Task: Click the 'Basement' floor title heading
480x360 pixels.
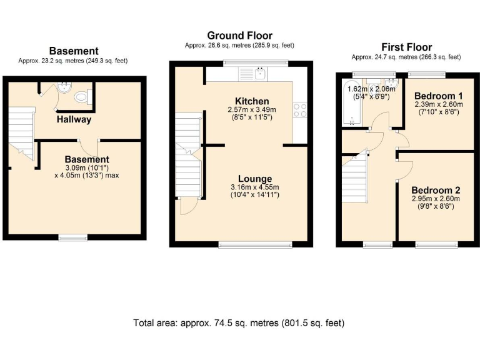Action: coord(74,51)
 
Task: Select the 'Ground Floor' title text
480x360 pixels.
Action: coord(239,36)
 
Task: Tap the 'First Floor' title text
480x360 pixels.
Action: coord(406,47)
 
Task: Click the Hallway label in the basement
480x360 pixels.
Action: coord(74,119)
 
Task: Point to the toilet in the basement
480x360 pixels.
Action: coord(81,97)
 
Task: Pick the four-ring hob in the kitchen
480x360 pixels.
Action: coord(299,110)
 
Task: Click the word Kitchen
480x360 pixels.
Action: coord(252,101)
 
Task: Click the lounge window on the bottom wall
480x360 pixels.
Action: coord(254,244)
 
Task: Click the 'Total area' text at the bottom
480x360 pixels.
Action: coord(238,323)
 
